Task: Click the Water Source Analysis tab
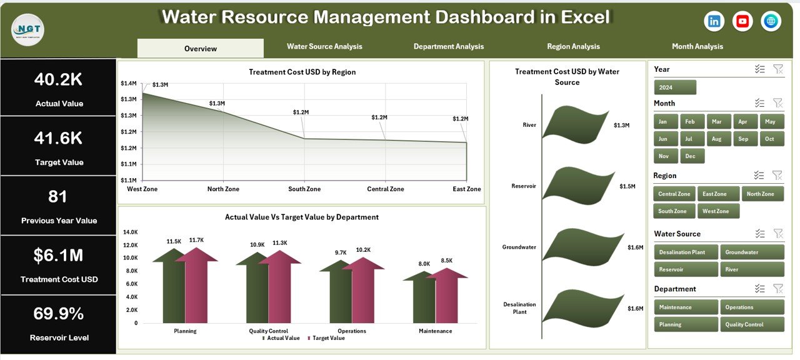click(x=324, y=47)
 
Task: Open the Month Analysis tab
click(x=697, y=47)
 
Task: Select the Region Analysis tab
click(x=573, y=47)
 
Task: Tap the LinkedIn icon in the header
click(x=714, y=21)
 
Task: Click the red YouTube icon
click(x=742, y=21)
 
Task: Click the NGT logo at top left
click(x=28, y=30)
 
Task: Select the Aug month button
click(x=717, y=139)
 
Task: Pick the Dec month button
click(x=690, y=156)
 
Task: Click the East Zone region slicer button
click(x=717, y=194)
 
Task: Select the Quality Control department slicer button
click(x=752, y=325)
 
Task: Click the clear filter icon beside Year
click(x=778, y=69)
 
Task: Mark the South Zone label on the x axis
click(x=304, y=189)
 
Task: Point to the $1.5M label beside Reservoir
click(x=627, y=187)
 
